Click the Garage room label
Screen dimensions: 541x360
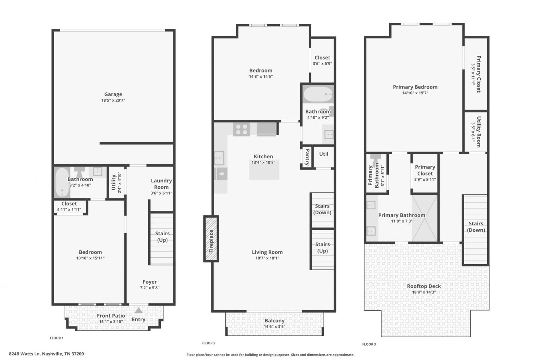(x=113, y=94)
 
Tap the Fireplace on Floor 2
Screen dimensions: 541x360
(x=211, y=239)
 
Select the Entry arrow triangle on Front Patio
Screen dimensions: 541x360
(x=138, y=310)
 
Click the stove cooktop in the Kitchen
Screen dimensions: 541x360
(x=242, y=129)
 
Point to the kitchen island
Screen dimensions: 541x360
(x=264, y=170)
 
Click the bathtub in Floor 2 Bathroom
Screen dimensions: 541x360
(x=318, y=94)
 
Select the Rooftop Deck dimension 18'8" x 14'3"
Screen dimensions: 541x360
(x=424, y=292)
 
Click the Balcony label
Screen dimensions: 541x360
(x=274, y=320)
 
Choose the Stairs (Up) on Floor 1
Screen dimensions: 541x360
(x=162, y=239)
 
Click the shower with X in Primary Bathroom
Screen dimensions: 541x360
(x=425, y=218)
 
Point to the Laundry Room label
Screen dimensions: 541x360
(x=161, y=184)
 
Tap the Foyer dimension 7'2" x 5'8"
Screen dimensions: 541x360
(x=150, y=288)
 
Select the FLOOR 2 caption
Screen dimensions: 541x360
(x=208, y=343)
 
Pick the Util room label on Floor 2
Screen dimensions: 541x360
(x=324, y=154)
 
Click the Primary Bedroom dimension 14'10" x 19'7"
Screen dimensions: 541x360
(x=415, y=93)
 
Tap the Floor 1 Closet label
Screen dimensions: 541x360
(x=69, y=204)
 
